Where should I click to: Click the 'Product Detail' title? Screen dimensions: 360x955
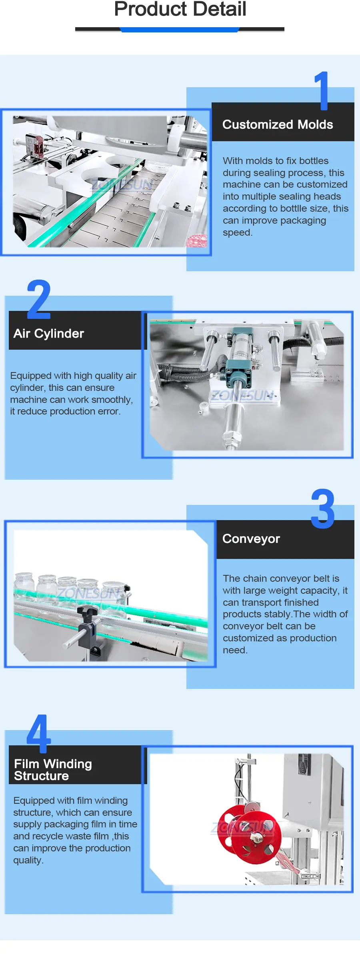pyautogui.click(x=180, y=9)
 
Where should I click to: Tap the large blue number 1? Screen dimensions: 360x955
pyautogui.click(x=322, y=91)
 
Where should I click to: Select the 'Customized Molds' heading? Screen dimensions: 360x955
pyautogui.click(x=278, y=124)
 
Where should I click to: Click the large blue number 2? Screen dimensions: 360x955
pyautogui.click(x=39, y=299)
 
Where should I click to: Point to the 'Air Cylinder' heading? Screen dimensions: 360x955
pyautogui.click(x=49, y=333)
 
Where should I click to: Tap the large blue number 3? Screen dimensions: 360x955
pyautogui.click(x=323, y=509)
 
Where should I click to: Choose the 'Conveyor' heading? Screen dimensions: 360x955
pyautogui.click(x=251, y=539)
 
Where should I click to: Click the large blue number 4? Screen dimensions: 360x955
pyautogui.click(x=39, y=733)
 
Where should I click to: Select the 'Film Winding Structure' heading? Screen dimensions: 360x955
pyautogui.click(x=53, y=770)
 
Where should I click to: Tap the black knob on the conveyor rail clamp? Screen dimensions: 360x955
pyautogui.click(x=88, y=612)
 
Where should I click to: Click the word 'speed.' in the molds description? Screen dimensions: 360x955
pyautogui.click(x=238, y=232)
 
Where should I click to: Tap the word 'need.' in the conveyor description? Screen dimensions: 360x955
pyautogui.click(x=235, y=650)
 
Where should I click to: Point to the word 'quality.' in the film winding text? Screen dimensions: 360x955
pyautogui.click(x=28, y=860)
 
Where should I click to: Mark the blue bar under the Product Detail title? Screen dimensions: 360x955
pyautogui.click(x=180, y=30)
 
